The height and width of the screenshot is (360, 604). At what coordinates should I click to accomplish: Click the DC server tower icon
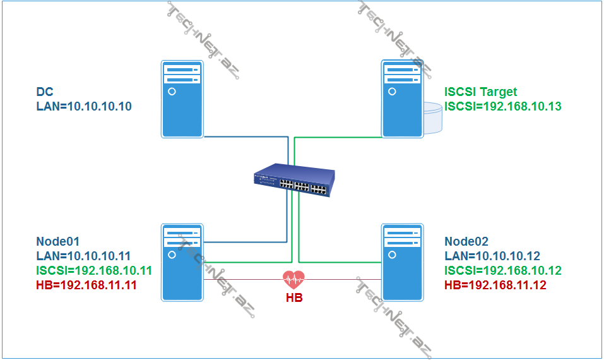pos(182,99)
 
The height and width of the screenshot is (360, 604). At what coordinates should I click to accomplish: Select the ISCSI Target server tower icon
pos(402,99)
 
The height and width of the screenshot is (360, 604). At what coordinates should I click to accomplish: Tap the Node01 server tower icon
pos(182,261)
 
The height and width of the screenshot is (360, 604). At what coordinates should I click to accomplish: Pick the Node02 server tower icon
pos(402,261)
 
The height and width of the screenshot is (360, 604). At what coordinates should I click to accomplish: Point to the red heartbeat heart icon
pos(293,279)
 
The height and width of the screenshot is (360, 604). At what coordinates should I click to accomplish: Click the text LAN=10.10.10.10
pos(84,107)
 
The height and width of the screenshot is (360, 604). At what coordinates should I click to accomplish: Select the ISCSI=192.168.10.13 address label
pos(503,106)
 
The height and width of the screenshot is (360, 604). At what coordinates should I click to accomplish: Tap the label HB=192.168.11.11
pos(86,285)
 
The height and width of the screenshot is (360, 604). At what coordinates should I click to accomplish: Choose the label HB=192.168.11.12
pos(495,285)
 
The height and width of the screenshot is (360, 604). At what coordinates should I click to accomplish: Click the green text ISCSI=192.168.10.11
pos(94,270)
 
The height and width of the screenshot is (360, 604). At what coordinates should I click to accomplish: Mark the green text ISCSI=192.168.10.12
pos(503,270)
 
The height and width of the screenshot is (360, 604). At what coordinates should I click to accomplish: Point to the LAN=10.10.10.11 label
pos(83,256)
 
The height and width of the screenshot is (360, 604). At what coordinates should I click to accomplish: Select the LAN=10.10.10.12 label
pos(492,256)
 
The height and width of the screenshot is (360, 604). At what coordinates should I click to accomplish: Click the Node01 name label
pos(58,241)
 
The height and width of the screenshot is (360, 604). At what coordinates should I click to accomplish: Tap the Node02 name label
pos(466,241)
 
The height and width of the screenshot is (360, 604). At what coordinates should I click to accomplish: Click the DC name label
pos(45,92)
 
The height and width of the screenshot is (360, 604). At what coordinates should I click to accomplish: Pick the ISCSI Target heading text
pos(481,92)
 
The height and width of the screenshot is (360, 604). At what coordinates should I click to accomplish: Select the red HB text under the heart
pos(293,297)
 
